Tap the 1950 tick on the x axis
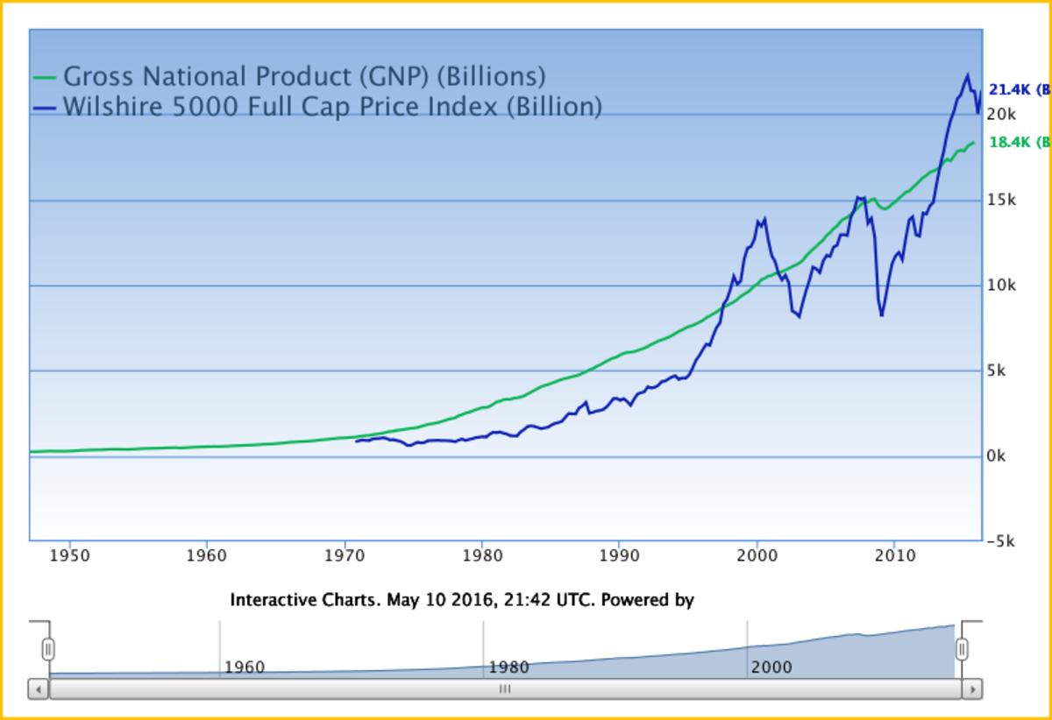click(69, 556)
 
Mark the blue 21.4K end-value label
click(1017, 89)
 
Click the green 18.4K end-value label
click(1017, 142)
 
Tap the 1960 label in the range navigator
click(244, 667)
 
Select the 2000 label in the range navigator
click(771, 667)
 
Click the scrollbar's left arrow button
click(39, 689)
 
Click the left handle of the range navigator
click(49, 649)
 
